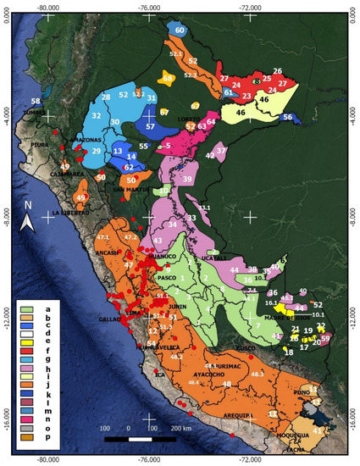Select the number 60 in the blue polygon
(180, 30)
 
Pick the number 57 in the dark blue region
(150, 126)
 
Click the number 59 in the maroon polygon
(326, 337)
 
